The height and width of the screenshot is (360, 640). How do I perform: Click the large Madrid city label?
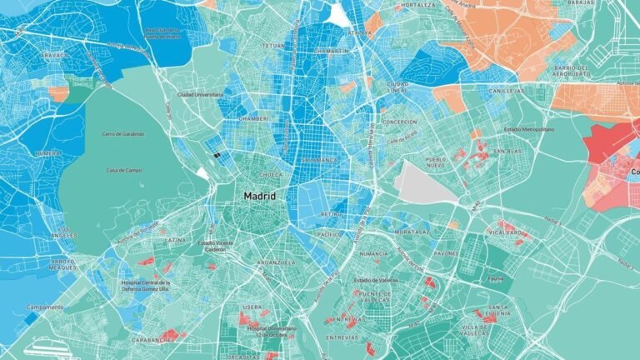259,195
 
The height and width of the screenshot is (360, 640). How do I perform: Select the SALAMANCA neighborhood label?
321,159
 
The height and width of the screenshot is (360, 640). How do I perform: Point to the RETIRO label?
331,213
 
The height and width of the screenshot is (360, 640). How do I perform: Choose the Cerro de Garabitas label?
123,133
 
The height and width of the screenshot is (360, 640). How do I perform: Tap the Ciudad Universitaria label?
200,95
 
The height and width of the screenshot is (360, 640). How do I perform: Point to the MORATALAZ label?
412,231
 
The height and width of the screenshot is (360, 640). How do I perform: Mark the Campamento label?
45,307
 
